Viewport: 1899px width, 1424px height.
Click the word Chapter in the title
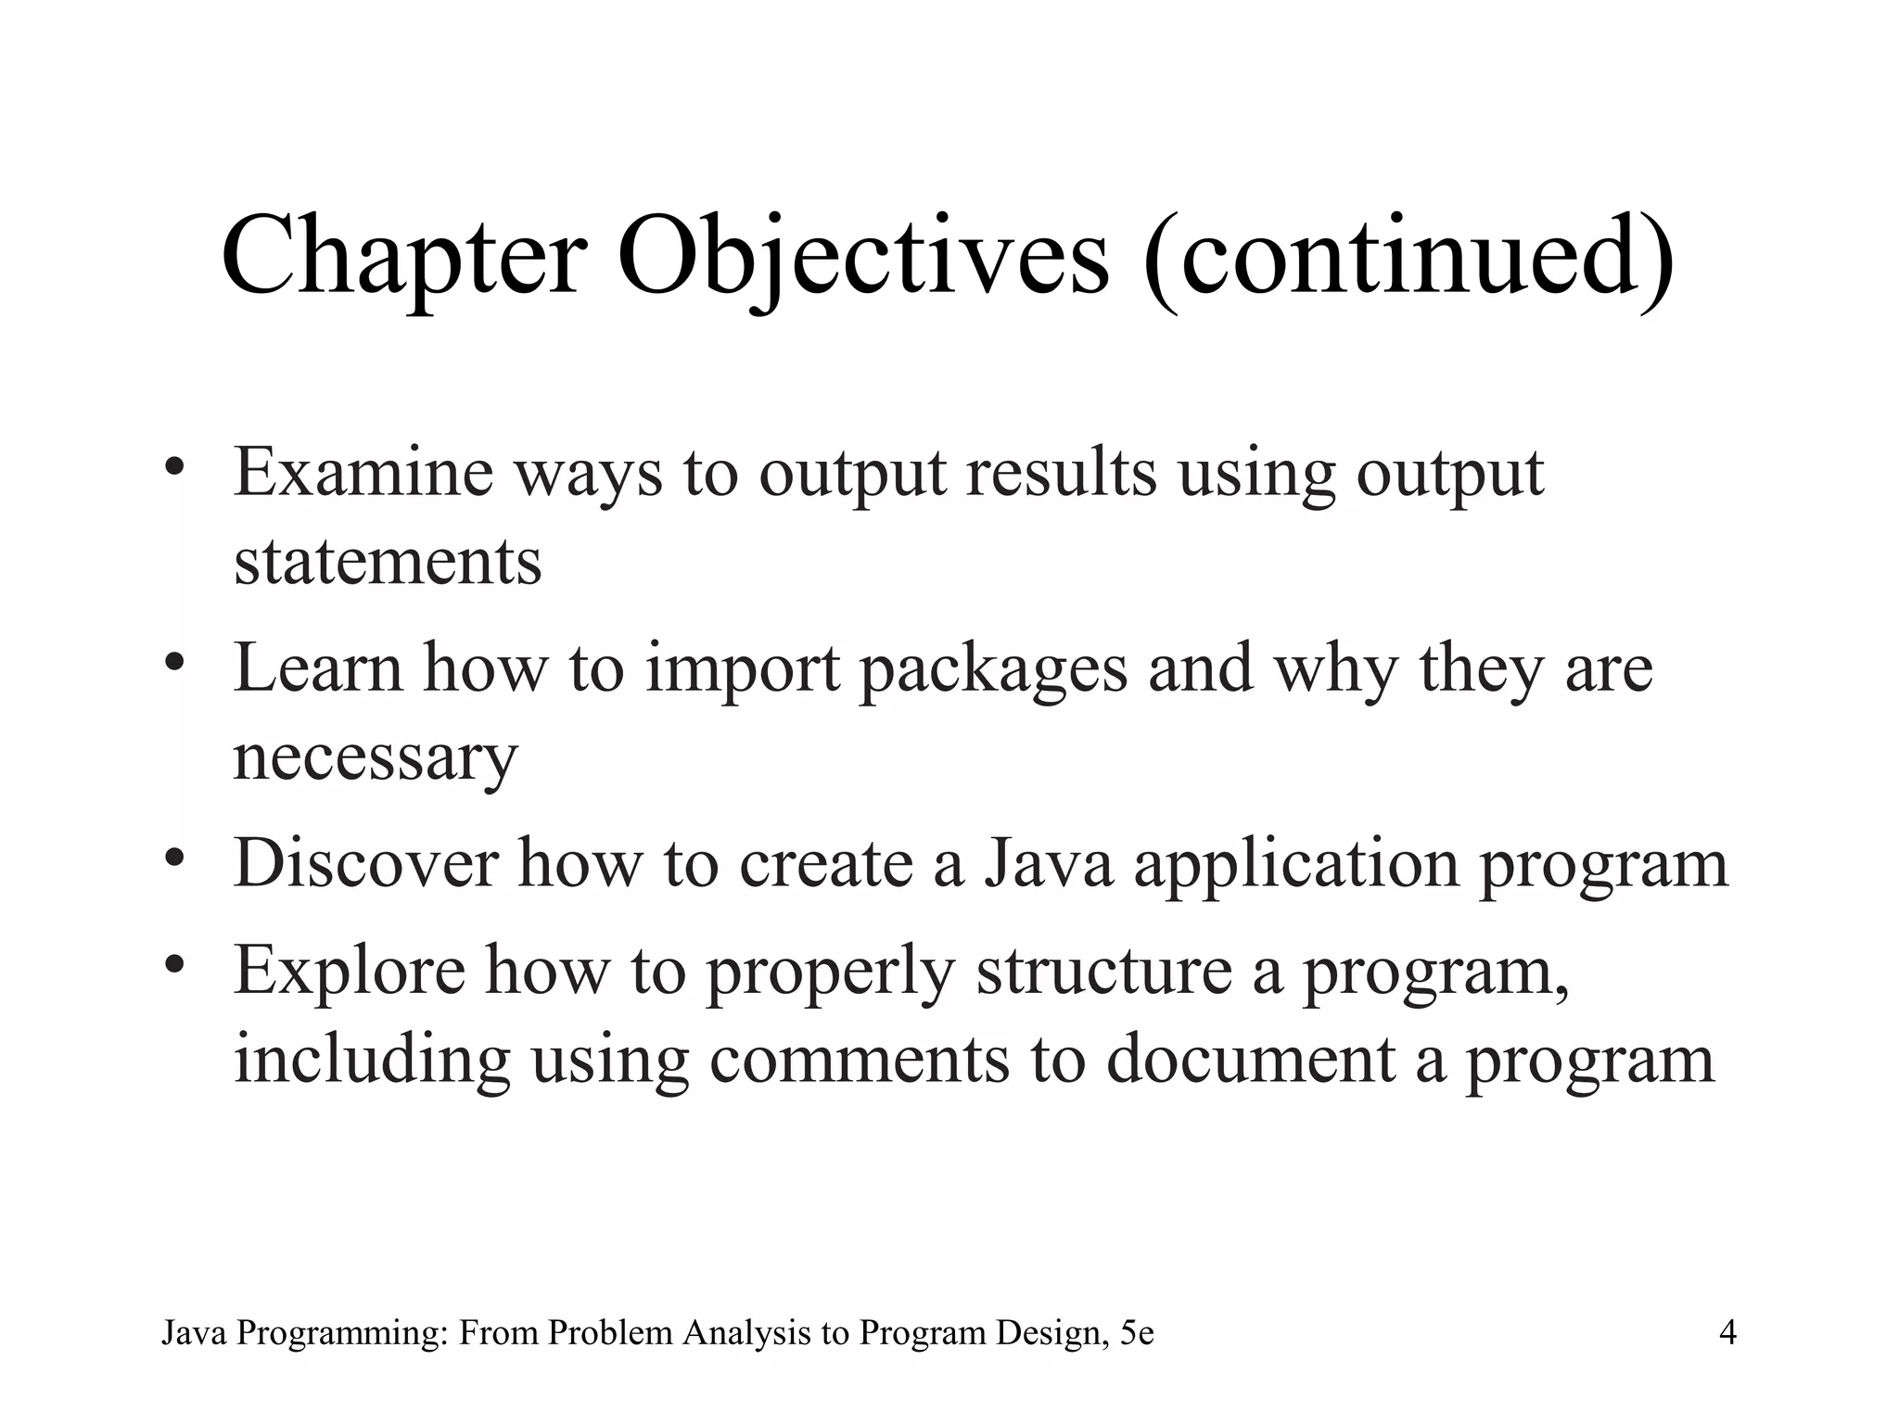(404, 256)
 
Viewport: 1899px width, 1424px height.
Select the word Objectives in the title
(862, 256)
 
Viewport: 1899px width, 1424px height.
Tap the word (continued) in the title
(1410, 256)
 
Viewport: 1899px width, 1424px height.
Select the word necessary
(375, 757)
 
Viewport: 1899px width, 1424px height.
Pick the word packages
(993, 669)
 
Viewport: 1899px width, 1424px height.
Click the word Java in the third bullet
(1047, 864)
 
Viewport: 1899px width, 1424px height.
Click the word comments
(859, 1060)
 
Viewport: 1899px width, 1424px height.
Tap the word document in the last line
(1251, 1060)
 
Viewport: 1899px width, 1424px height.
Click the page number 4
(1727, 1333)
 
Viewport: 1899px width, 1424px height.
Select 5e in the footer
(1137, 1333)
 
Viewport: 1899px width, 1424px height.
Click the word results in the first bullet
(1061, 473)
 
